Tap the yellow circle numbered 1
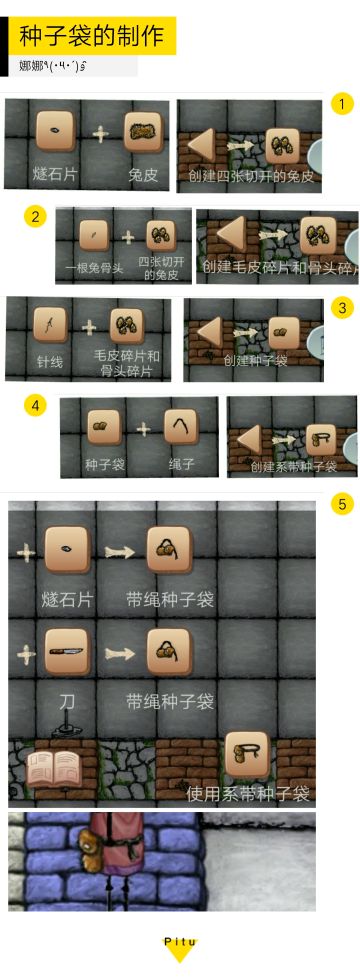342,104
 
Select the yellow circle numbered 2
36,216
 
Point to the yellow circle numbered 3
342,308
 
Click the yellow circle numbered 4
36,406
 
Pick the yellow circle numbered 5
342,504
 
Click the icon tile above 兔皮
143,131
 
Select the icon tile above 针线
50,326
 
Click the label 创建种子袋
255,360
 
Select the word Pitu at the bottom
180,942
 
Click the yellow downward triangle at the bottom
180,957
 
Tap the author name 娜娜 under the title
30,66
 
